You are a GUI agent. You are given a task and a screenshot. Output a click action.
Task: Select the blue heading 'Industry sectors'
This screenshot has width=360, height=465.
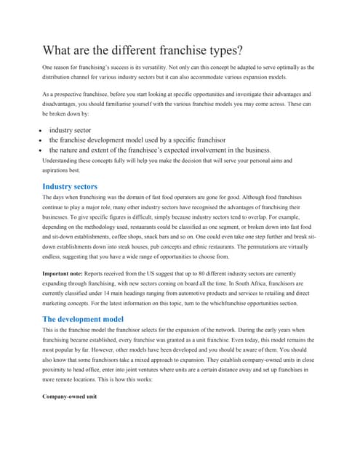[70, 187]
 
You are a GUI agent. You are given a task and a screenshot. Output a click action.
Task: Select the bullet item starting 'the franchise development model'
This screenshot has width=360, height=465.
[137, 139]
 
